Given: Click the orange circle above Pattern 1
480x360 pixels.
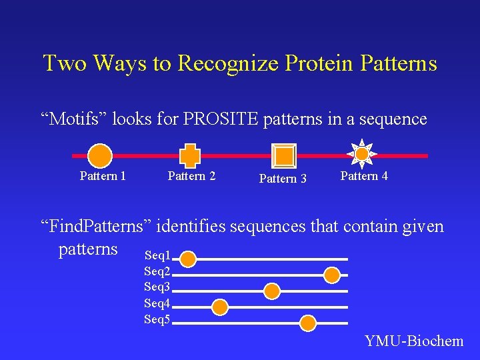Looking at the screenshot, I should tap(100, 155).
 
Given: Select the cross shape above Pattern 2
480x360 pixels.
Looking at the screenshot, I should tap(191, 155).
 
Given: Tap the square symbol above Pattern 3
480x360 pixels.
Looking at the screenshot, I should tap(284, 155).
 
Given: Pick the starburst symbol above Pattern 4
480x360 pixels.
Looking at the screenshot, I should tap(361, 154).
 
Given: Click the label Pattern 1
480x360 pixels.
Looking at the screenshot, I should tap(103, 176).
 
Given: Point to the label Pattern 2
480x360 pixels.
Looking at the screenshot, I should tap(191, 176).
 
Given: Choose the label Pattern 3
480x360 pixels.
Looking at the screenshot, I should tap(283, 179).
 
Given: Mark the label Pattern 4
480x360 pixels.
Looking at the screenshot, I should tap(364, 176).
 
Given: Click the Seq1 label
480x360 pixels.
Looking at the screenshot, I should tap(157, 255).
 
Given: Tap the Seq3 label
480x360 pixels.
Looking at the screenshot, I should tap(157, 287).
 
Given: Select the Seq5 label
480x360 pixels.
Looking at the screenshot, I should tap(157, 319).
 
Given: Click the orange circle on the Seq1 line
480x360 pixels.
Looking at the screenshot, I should tap(189, 259).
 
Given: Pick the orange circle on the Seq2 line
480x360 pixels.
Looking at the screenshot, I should tap(332, 275).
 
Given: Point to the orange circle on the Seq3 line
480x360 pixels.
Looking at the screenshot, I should tap(272, 291).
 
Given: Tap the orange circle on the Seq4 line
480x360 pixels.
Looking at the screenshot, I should tap(220, 307).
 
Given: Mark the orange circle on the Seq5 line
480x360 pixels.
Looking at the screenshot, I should tap(307, 323).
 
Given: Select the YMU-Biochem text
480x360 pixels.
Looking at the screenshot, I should tap(414, 341).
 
